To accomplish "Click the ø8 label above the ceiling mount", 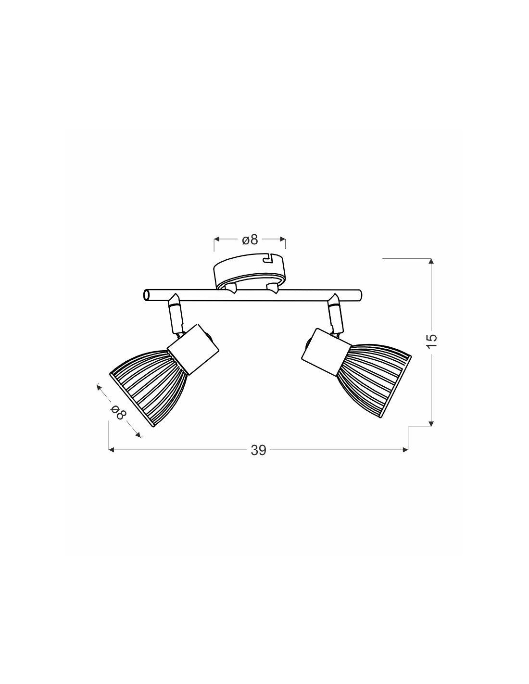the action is click(x=250, y=240).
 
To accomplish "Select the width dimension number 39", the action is click(x=258, y=450).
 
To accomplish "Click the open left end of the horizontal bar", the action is click(x=146, y=295).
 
